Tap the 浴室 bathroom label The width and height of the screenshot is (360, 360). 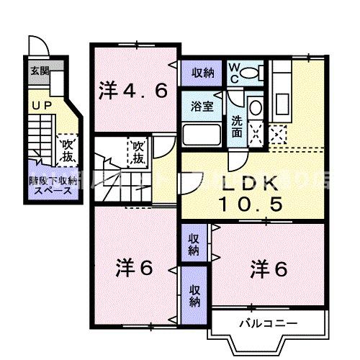click(x=202, y=105)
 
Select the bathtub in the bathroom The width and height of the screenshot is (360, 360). click(x=202, y=134)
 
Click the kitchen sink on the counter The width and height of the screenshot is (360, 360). click(x=281, y=73)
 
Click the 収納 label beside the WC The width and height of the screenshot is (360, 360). click(x=202, y=72)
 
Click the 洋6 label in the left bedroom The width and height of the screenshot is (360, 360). click(x=133, y=269)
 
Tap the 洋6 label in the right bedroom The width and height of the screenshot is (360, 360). click(x=269, y=269)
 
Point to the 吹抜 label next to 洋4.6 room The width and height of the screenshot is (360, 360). click(x=138, y=153)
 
